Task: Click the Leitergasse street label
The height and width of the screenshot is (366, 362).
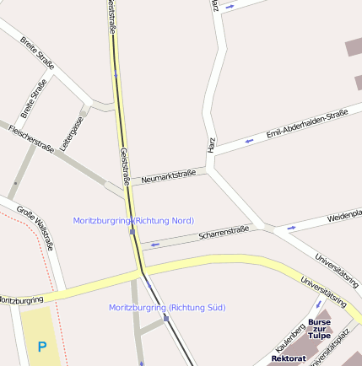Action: [x=73, y=132]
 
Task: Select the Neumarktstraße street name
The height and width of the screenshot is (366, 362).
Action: [x=169, y=176]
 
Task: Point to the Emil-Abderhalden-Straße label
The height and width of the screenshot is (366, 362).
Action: [x=307, y=123]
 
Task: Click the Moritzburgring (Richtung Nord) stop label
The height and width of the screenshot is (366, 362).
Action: [x=133, y=220]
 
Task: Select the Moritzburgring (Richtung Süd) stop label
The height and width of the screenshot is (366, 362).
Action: [x=167, y=307]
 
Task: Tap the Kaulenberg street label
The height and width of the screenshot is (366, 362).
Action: [x=291, y=337]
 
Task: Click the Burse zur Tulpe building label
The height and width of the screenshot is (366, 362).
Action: [x=319, y=328]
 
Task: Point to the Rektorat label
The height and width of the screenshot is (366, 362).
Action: [x=289, y=358]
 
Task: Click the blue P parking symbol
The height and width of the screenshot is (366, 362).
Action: [x=41, y=346]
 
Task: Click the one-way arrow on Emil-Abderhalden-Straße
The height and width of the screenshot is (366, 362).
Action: [x=249, y=140]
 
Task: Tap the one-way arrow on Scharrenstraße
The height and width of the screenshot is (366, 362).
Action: [x=155, y=245]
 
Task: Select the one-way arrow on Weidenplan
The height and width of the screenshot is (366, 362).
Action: [x=291, y=227]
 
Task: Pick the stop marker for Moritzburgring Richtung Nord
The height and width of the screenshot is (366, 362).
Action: [x=132, y=231]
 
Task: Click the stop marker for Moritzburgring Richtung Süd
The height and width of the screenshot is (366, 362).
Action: [x=166, y=318]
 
